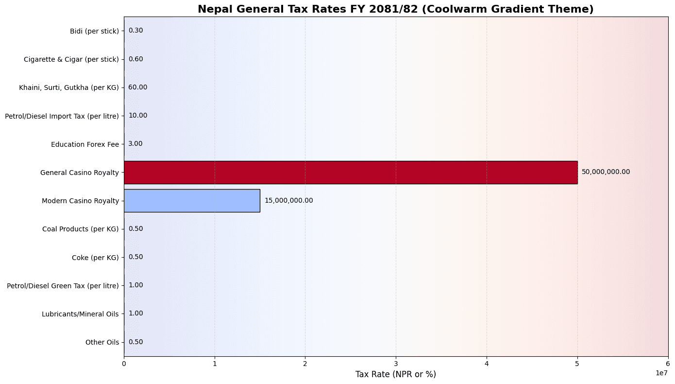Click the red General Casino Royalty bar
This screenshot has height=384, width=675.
pos(350,172)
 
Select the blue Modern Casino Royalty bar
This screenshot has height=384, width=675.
pos(192,200)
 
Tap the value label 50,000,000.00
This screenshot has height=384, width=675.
pos(606,172)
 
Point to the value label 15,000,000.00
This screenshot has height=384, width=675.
pos(288,200)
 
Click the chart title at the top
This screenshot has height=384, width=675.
pos(396,9)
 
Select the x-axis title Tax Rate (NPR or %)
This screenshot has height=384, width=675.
pos(396,374)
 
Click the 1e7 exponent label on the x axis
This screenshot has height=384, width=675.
pos(660,373)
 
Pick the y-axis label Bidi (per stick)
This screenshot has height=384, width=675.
pos(94,31)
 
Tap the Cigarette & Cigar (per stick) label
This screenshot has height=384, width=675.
pos(71,59)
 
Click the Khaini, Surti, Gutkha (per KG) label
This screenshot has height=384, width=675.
pos(68,87)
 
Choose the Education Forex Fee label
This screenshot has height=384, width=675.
pos(84,144)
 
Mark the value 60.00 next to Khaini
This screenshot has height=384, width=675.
pos(137,87)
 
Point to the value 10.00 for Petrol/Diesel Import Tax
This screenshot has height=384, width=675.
pos(137,116)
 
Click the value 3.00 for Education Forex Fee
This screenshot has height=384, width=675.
pos(135,144)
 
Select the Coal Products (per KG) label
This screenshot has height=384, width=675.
pos(80,229)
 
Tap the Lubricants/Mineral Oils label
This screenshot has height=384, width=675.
pos(80,314)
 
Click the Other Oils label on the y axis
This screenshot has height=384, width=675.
pos(102,342)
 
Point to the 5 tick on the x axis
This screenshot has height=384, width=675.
pos(577,364)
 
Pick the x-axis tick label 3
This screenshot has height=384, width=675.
pos(396,364)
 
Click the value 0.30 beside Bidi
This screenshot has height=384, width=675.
pos(135,31)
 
